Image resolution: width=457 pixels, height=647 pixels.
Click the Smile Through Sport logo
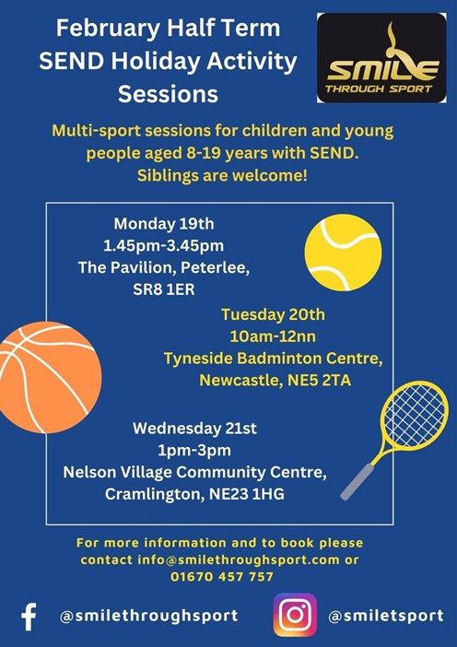(381, 58)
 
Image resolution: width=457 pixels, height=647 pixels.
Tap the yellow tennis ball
(343, 253)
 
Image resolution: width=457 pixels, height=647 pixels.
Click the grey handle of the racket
(357, 481)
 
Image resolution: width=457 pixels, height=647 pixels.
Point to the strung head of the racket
(414, 416)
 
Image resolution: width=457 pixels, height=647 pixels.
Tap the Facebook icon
(29, 617)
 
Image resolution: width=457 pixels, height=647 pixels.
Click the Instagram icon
(295, 616)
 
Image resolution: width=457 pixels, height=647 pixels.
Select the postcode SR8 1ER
(164, 289)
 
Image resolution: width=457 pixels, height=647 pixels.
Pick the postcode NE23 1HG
(247, 494)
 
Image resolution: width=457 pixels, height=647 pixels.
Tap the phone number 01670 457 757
(222, 576)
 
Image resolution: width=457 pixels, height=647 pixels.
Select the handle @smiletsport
(386, 616)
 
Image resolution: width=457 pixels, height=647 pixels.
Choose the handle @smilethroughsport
(149, 616)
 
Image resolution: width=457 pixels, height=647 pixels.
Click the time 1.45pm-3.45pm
(163, 246)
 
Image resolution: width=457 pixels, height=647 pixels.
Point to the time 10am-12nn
(273, 336)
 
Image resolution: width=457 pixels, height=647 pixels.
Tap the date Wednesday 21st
(194, 429)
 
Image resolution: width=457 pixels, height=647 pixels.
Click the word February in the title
(107, 29)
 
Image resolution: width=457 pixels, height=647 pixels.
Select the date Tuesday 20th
(273, 315)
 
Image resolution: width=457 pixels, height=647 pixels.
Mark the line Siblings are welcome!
(222, 176)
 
